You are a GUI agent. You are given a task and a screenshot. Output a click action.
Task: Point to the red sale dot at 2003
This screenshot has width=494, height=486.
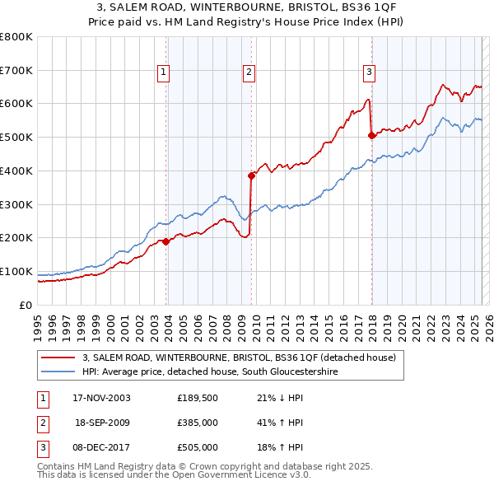point(166,241)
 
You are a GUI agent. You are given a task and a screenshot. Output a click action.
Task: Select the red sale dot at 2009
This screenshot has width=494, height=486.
point(251,175)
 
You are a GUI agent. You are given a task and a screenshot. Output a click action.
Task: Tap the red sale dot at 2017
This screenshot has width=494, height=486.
point(371,135)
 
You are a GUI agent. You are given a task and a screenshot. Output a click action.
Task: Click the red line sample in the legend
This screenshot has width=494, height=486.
point(58,357)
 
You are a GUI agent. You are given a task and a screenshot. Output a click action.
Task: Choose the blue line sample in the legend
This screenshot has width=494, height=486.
point(58,372)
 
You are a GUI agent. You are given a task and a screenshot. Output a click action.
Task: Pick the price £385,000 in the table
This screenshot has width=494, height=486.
point(197,423)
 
